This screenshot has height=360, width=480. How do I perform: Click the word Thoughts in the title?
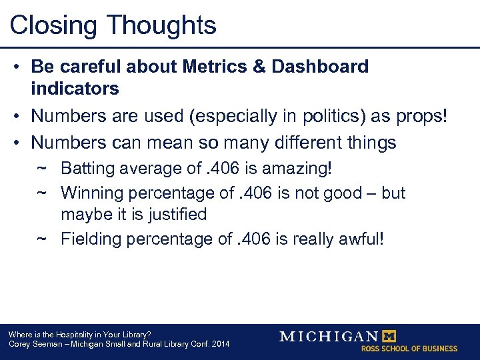point(162,25)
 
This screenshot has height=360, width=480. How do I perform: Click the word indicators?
point(75,88)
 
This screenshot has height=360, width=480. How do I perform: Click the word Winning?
point(88,193)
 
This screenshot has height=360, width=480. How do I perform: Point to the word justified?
point(177,215)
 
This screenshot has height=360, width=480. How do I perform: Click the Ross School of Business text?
point(409,349)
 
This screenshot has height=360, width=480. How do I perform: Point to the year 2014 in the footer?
point(219,344)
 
